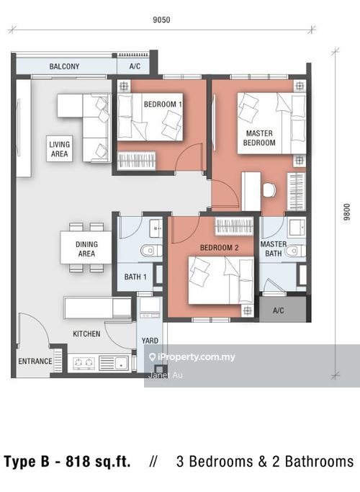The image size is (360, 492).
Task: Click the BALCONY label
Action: click(x=64, y=66)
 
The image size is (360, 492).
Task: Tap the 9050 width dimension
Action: click(x=161, y=19)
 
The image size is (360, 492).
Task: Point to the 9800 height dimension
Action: click(x=346, y=212)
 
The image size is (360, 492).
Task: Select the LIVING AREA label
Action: click(x=59, y=149)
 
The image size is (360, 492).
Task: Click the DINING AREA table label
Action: click(x=86, y=249)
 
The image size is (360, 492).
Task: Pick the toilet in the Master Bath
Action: click(x=296, y=251)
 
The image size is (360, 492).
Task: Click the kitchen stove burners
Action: click(x=84, y=363)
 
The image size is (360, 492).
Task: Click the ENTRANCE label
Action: click(x=35, y=361)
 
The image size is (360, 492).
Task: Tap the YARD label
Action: click(x=150, y=341)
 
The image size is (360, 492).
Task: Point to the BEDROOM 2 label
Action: click(x=219, y=248)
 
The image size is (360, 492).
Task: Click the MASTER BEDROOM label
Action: click(x=259, y=138)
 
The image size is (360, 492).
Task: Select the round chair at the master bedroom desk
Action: click(x=269, y=190)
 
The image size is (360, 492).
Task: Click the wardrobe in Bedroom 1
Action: click(x=136, y=161)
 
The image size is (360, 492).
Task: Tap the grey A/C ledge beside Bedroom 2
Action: click(x=282, y=309)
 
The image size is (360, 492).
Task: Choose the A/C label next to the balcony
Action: click(x=135, y=66)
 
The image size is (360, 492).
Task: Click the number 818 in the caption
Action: click(x=77, y=461)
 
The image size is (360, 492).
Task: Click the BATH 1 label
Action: click(x=135, y=277)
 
